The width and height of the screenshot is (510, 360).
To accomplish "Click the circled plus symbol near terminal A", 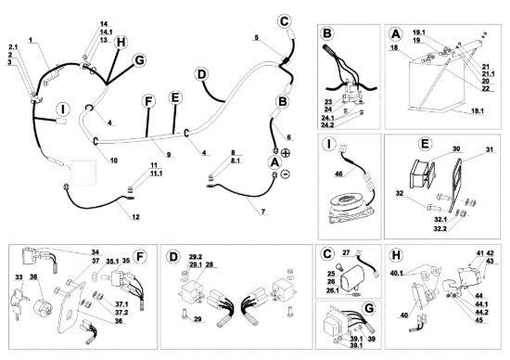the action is tap(286, 153).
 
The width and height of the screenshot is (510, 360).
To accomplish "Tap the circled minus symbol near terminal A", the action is tap(285, 174).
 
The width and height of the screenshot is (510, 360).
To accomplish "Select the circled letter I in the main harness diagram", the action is tap(62, 109).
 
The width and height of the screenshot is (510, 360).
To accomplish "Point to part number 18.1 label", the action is tap(478, 111).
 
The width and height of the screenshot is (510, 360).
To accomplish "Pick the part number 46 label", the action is tap(338, 174).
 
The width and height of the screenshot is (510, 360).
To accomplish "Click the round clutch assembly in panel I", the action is tap(350, 208).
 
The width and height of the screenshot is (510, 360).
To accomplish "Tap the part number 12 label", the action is tap(135, 217).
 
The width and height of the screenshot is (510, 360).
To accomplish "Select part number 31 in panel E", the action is tap(490, 149).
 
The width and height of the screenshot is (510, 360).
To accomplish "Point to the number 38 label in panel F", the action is tap(33, 277).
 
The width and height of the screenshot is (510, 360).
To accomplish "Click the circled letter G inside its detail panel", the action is tap(369, 308).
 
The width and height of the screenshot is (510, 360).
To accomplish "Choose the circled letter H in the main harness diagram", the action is tap(121, 43).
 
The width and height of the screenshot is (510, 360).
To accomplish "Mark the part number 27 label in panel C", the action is tap(346, 252).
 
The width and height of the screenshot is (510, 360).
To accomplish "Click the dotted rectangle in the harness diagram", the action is tap(83, 173).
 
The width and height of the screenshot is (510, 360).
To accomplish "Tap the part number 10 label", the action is tap(113, 161).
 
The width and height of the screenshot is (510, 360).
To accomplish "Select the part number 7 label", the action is tap(263, 212).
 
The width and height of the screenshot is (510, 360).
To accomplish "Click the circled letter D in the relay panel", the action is tap(173, 256).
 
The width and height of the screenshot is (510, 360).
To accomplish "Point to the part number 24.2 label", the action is tap(327, 125).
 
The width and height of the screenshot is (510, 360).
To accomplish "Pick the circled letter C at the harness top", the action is tap(285, 21).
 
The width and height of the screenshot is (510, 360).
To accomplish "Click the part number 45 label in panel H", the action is tap(479, 320).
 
